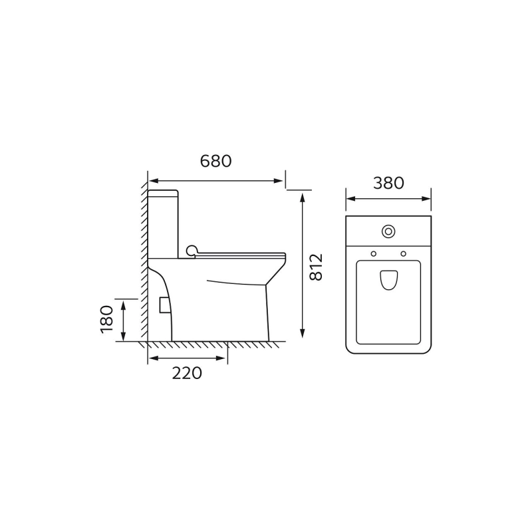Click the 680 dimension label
215,161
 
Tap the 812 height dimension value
317,267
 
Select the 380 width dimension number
388,183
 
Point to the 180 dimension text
107,320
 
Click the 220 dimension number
187,373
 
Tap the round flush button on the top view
388,231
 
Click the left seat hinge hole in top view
374,254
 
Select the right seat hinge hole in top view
404,254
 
